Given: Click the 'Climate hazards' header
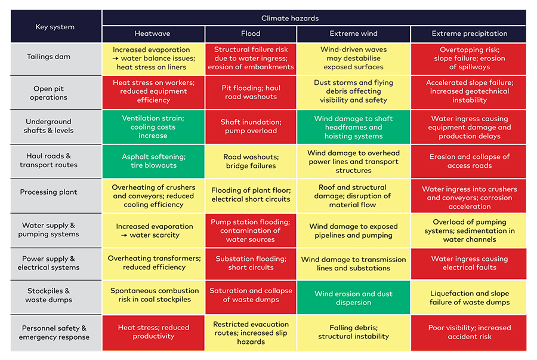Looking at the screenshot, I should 314,18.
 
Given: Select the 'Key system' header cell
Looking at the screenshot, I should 56,26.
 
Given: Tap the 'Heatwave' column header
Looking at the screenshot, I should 153,34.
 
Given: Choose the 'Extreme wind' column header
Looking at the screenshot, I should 353,34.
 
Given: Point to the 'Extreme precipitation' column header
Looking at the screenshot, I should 469,34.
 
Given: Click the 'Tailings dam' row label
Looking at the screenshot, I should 56,57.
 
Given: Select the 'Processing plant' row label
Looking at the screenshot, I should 56,192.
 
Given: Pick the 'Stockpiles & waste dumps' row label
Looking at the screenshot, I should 56,296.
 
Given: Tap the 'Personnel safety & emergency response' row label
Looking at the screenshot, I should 56,333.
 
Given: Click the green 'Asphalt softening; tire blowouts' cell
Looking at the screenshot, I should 153,161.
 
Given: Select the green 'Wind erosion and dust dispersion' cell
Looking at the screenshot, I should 353,298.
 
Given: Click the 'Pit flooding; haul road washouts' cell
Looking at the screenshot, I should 251,92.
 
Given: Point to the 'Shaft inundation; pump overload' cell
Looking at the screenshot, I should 251,127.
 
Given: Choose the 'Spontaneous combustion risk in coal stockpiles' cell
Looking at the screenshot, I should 153,296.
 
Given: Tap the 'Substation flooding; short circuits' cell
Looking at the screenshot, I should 251,263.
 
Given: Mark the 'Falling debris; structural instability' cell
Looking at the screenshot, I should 353,333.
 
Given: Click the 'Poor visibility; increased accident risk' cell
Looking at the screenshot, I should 469,333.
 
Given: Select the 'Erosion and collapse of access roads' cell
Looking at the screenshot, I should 469,161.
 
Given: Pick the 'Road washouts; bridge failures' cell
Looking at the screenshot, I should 251,161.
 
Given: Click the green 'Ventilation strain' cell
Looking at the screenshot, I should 153,127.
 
